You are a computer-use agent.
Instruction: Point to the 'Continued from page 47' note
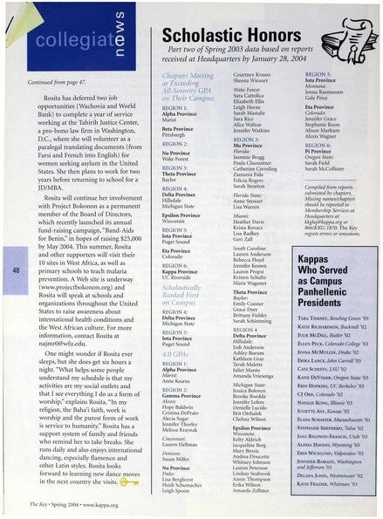(62, 81)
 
